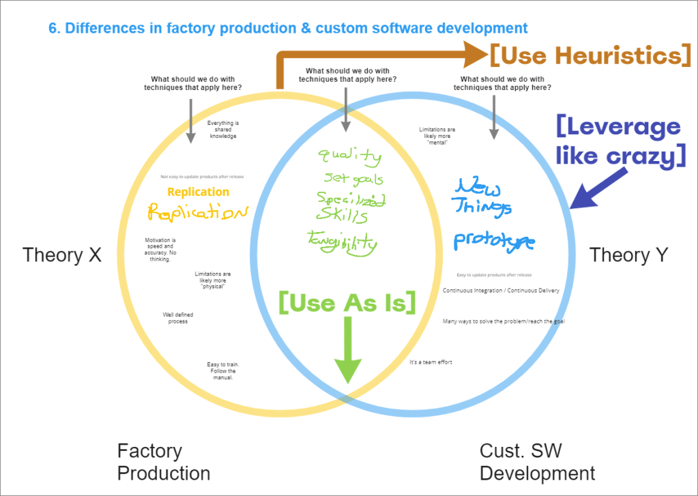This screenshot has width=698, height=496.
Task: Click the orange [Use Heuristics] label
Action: coord(590,55)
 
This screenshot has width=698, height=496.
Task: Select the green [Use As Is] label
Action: coord(347,302)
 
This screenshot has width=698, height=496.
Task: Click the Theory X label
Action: coord(61,255)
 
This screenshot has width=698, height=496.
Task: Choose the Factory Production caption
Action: coord(163,462)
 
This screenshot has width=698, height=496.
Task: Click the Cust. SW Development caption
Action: coord(537,462)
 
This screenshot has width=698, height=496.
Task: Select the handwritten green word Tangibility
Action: coord(343,240)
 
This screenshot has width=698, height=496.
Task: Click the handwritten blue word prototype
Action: coord(494,240)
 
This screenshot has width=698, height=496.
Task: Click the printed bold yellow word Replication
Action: coord(198,192)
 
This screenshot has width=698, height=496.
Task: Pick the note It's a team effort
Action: coord(431,362)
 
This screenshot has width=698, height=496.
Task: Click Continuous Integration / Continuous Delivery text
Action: coord(501,291)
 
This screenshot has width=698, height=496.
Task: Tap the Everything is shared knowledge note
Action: coord(223,130)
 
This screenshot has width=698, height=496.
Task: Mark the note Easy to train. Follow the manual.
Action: coord(223,371)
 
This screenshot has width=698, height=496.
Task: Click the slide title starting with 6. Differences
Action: coord(288,28)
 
